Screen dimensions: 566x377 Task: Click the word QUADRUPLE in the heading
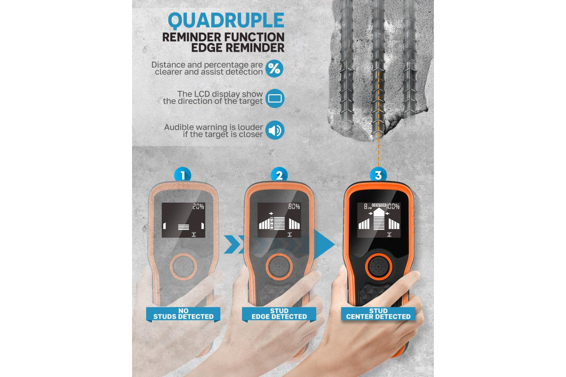(x=226, y=20)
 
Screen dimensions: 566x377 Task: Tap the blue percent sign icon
(x=275, y=68)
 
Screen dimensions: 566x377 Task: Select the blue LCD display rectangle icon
(x=275, y=98)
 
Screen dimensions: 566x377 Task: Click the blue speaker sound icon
(x=275, y=130)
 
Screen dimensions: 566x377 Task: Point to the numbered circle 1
(x=183, y=175)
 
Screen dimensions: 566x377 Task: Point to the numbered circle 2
(x=279, y=175)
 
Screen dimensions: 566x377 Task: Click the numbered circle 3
(x=378, y=175)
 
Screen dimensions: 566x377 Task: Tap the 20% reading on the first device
(x=198, y=206)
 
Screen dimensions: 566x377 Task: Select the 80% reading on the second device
(x=294, y=206)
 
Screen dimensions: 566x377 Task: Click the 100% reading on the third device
(x=393, y=206)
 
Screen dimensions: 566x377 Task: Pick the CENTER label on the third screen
(x=379, y=205)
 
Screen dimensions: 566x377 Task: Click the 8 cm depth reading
(x=367, y=206)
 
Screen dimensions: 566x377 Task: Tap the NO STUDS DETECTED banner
(x=183, y=314)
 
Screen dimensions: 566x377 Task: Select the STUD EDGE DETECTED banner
(x=279, y=314)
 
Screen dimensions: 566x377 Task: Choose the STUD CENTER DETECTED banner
(x=378, y=314)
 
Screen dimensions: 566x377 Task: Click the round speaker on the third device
(x=378, y=267)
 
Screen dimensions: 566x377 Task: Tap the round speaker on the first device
(x=183, y=267)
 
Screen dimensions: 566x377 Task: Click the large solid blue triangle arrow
(x=325, y=244)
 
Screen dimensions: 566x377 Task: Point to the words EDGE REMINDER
(x=238, y=48)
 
